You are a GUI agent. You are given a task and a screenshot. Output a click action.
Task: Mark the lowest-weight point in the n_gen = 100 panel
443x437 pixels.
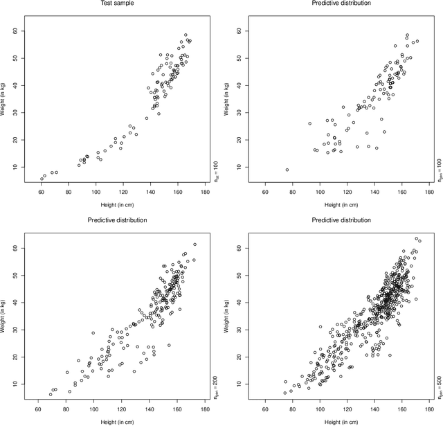point(287,170)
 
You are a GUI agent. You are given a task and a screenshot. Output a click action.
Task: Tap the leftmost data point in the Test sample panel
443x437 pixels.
point(42,179)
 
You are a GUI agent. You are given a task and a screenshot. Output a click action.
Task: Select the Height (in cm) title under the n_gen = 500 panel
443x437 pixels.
point(339,422)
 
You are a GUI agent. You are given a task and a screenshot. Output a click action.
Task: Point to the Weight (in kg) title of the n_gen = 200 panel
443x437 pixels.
point(7,316)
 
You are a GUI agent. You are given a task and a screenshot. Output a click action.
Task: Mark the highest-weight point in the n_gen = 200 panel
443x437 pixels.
point(195,244)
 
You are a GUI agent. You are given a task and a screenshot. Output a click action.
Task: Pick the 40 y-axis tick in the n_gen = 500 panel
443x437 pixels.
point(237,302)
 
